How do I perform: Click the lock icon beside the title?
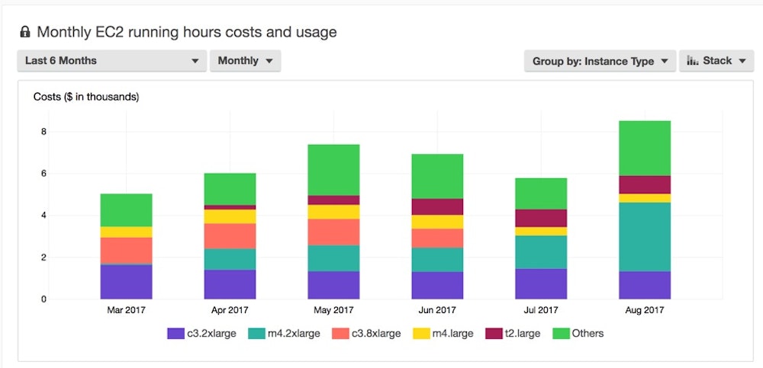point(25,32)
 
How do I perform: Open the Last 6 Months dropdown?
point(111,61)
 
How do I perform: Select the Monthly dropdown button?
point(245,61)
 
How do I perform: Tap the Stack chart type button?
point(716,61)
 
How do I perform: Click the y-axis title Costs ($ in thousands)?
point(86,97)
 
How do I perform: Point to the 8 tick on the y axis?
point(43,132)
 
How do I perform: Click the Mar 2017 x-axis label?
point(126,310)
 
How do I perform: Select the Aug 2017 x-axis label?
point(645,310)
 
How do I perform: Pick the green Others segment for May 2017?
point(333,169)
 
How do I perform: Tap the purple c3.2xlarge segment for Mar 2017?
point(126,281)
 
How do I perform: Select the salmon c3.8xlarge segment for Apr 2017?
point(230,236)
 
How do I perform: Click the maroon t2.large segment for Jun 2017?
point(437,206)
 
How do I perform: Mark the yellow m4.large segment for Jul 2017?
point(541,232)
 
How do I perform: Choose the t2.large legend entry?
point(512,333)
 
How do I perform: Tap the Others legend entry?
point(578,333)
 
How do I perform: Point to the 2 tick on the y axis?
point(43,258)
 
